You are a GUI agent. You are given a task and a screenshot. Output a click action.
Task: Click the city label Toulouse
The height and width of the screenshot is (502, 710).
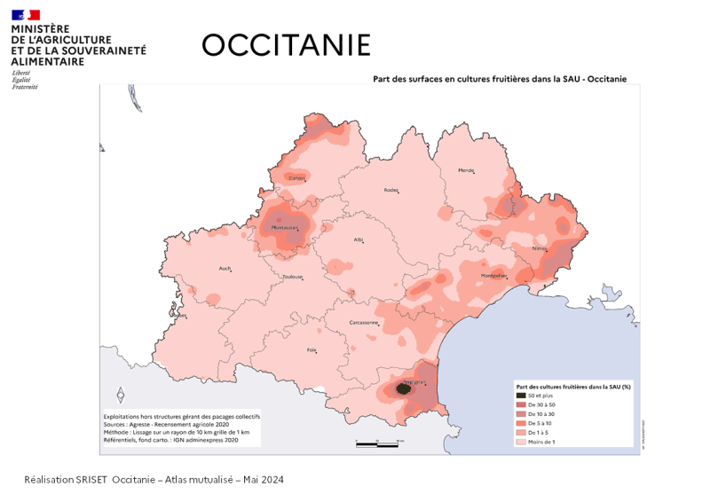(x=292, y=277)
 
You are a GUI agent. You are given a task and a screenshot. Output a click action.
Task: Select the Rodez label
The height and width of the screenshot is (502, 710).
(x=390, y=190)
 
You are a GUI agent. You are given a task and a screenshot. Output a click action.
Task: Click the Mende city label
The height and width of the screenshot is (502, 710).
(x=465, y=170)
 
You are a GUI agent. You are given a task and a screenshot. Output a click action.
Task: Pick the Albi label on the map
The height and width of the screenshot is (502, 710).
(x=359, y=239)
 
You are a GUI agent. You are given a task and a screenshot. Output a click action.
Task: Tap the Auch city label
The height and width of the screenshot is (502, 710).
(x=225, y=269)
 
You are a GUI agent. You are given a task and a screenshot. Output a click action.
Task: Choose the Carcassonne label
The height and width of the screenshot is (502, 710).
(x=365, y=322)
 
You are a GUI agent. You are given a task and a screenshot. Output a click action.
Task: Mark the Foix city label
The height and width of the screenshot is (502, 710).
(x=312, y=350)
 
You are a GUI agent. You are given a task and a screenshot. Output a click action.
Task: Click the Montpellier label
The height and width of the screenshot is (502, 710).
(x=493, y=276)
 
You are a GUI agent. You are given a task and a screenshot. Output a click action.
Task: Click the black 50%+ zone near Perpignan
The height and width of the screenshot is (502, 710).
(x=403, y=388)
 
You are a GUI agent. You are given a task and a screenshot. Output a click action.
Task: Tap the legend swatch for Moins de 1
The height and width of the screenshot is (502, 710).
(x=521, y=441)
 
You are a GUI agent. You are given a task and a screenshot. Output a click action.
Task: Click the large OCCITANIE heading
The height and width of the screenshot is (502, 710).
(x=286, y=44)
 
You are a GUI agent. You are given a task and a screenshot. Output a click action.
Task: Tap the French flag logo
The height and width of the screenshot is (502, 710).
(x=25, y=14)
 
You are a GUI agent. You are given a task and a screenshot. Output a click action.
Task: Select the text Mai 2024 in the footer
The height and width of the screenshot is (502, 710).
(x=264, y=480)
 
